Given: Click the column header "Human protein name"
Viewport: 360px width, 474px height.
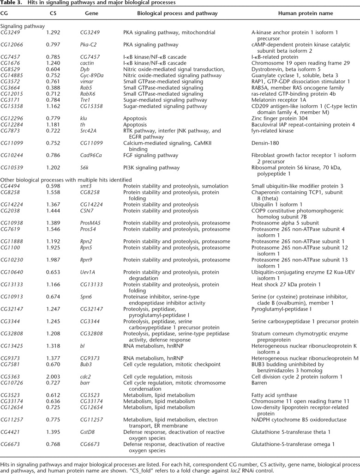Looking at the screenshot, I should pyautogui.click(x=305, y=13).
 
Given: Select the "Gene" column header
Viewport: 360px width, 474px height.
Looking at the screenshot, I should pyautogui.click(x=91, y=13).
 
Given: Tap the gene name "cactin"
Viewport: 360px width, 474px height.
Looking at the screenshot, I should pyautogui.click(x=87, y=62).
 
